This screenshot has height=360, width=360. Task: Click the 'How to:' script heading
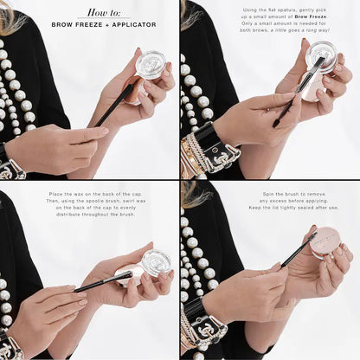pos(104,13)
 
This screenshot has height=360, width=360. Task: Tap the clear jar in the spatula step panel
pos(321,57)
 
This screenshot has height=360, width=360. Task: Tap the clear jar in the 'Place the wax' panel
pos(156,262)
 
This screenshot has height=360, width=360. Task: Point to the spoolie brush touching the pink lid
pos(299,252)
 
